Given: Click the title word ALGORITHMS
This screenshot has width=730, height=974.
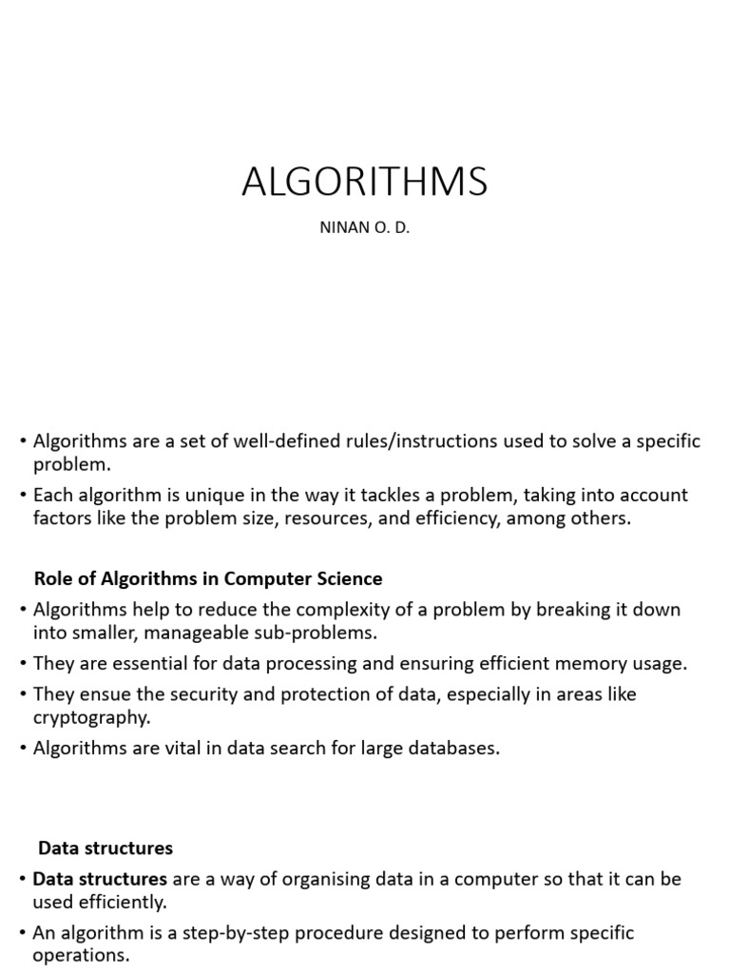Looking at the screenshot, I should [x=365, y=181].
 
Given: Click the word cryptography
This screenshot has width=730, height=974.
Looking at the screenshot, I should [x=88, y=717].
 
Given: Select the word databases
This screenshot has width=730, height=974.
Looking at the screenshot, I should [x=451, y=748].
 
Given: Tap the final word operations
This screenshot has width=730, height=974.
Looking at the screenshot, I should [x=81, y=956].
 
